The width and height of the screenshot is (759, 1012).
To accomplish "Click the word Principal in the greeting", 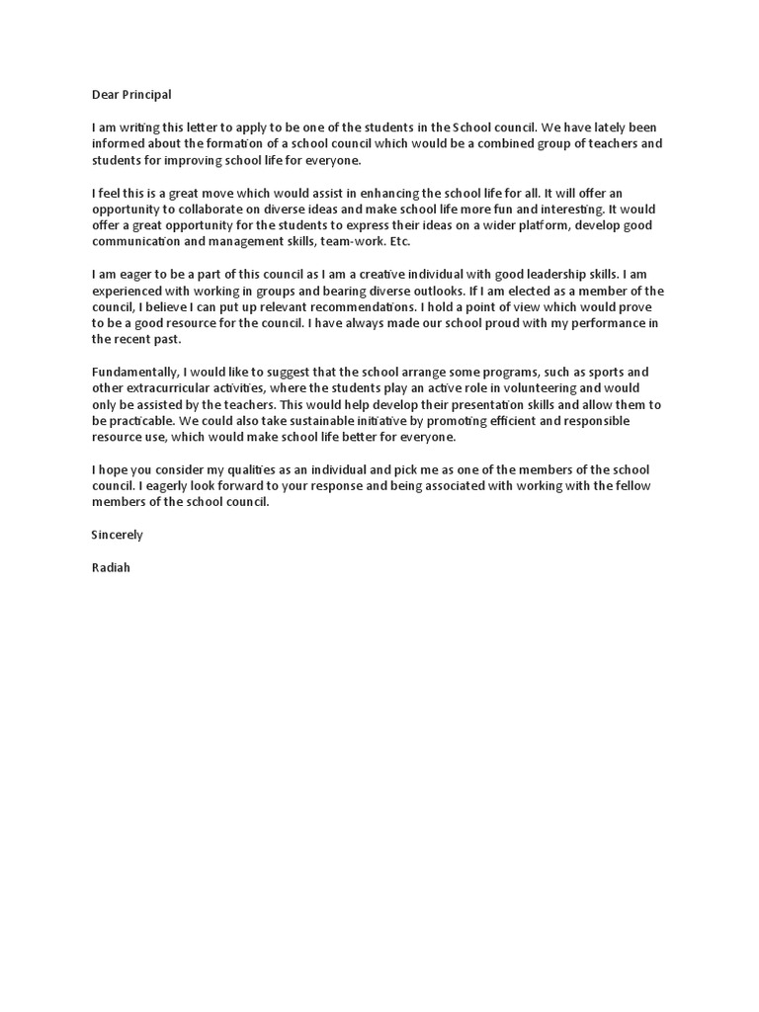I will [144, 95].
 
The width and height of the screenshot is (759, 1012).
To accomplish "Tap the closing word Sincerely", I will [117, 535].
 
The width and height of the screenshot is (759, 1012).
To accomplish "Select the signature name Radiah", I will [110, 567].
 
